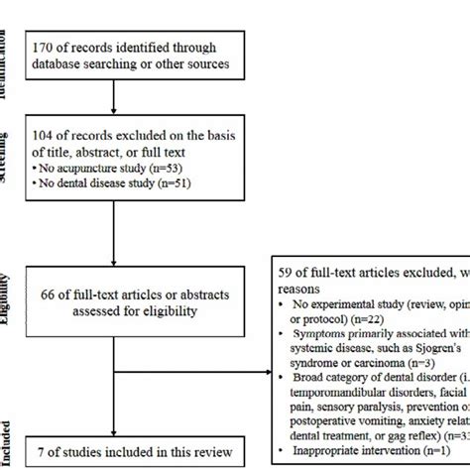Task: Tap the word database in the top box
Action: [x=72, y=63]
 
